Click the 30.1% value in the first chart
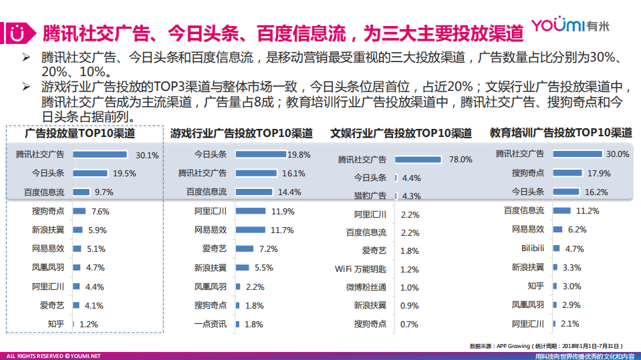[147, 155]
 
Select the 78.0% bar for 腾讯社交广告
[418, 160]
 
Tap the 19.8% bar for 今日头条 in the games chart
[261, 154]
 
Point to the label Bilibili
[533, 248]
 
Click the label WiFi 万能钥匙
[360, 269]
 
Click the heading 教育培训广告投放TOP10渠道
[560, 132]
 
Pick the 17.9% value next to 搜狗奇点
[599, 173]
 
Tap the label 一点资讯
[211, 324]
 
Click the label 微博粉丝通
[366, 287]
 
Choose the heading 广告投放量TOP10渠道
[84, 133]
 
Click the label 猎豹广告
[370, 196]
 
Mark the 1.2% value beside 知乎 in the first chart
[88, 324]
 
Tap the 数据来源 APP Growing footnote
[547, 346]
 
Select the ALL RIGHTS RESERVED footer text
[53, 356]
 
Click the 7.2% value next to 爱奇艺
[267, 249]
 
